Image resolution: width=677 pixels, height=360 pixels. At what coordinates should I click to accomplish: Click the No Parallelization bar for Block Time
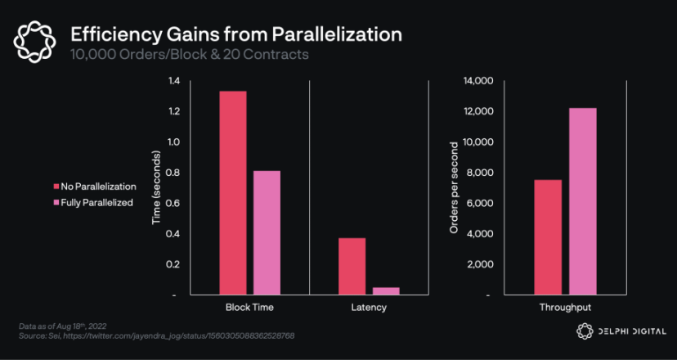point(232,192)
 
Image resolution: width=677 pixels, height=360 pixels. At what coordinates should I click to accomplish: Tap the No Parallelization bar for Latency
point(352,266)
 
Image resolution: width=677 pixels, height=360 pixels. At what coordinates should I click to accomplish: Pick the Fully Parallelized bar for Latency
point(386,290)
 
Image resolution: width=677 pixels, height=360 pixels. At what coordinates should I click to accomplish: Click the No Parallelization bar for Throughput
point(548,237)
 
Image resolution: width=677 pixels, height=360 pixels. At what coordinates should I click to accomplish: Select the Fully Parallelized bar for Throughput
point(582,201)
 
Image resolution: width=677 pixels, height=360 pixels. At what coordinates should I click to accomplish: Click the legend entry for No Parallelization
point(94,187)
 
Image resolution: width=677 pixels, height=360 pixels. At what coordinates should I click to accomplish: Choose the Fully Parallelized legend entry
point(92,202)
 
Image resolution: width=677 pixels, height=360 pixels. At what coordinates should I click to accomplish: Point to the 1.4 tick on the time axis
point(173,81)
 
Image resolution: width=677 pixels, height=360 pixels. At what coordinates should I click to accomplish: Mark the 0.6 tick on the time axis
point(173,203)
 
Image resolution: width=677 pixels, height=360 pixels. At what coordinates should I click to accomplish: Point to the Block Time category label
point(249,308)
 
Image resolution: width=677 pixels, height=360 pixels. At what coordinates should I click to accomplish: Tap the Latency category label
point(369,308)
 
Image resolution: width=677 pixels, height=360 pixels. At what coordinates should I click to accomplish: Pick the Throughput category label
point(564,308)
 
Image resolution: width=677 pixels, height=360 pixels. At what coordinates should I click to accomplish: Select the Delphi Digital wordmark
point(625,331)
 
